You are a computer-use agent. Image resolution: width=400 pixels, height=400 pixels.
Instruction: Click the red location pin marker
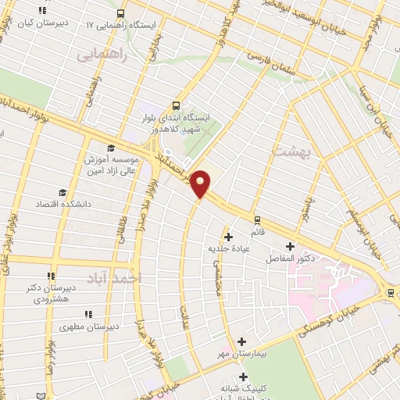pos(201,183)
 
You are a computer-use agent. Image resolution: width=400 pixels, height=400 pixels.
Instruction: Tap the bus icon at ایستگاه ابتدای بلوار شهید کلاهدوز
pos(176,105)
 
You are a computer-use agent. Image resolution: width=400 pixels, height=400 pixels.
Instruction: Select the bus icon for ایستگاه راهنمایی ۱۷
pos(120,14)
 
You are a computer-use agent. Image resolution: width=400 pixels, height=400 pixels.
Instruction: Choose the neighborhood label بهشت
pos(292,150)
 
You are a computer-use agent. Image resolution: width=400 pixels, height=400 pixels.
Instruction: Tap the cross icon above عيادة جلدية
pos(228,237)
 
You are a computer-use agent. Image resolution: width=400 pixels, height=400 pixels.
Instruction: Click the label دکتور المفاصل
pos(290,257)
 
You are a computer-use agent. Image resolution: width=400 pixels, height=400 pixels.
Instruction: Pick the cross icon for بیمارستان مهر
pos(241,342)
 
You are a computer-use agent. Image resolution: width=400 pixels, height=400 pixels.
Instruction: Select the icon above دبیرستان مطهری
pos(87,314)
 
